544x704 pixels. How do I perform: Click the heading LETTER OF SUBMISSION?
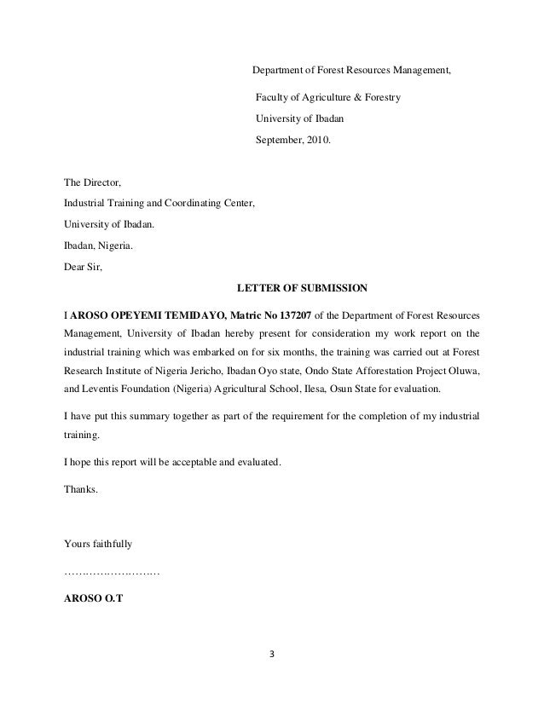[301, 286]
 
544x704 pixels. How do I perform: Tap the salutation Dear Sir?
[83, 265]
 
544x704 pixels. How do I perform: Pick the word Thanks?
[81, 489]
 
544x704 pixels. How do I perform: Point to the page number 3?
[272, 656]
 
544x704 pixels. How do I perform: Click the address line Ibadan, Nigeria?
[99, 245]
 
